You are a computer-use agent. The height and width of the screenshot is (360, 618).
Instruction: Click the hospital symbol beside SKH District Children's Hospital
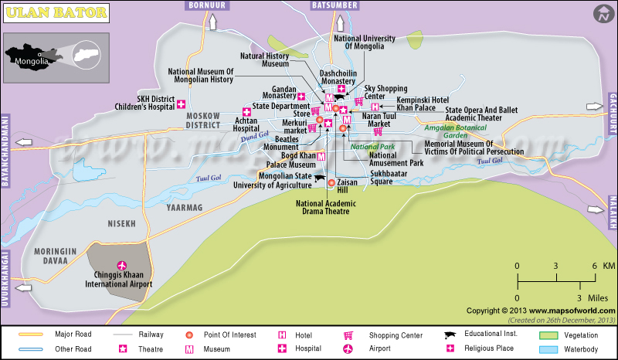click(x=182, y=104)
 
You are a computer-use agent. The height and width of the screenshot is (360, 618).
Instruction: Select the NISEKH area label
click(x=121, y=224)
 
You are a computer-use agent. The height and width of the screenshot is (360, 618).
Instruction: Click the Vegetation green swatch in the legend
click(x=548, y=335)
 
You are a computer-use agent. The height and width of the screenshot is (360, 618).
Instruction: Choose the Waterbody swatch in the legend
click(x=548, y=349)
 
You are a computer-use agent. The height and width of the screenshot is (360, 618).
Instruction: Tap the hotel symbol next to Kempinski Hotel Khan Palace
click(x=375, y=107)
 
